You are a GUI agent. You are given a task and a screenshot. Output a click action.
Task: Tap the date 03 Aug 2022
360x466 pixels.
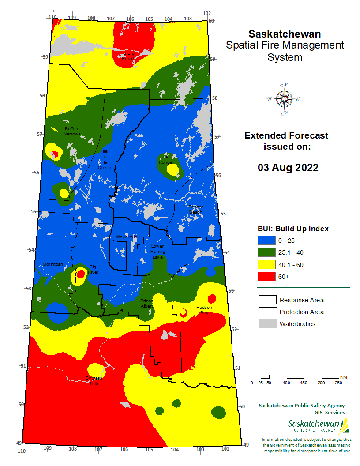click(288, 168)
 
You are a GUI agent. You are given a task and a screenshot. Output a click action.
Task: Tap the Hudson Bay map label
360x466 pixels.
click(205, 309)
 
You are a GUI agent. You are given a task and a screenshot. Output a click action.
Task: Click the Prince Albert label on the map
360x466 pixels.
click(147, 303)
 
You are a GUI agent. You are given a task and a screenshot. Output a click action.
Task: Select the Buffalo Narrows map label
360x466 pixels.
click(72, 131)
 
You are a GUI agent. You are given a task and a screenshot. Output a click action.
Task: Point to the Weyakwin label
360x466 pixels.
click(126, 237)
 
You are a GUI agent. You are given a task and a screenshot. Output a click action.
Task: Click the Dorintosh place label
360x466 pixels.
click(53, 264)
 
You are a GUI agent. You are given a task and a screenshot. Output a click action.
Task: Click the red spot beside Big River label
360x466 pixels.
click(81, 274)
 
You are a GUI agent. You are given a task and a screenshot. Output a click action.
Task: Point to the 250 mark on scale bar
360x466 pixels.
click(338, 383)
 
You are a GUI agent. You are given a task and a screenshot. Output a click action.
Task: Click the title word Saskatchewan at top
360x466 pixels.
click(285, 34)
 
